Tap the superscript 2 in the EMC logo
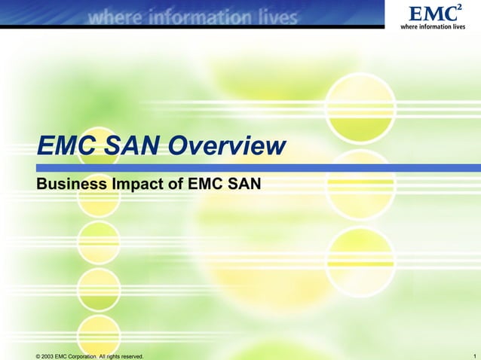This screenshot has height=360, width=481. click(458, 8)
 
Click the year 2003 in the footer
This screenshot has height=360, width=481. click(50, 355)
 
